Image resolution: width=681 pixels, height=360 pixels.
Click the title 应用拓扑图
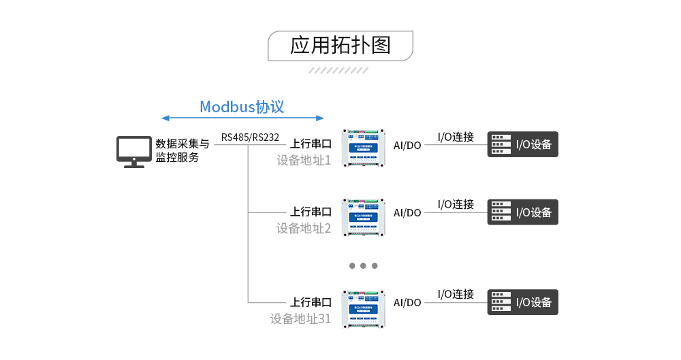340,46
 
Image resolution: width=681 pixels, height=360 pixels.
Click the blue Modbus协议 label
242,107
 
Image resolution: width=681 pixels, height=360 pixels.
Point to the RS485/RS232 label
250,137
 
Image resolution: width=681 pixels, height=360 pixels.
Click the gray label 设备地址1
303,161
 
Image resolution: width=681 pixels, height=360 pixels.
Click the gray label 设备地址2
303,229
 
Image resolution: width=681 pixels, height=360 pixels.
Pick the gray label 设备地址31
300,318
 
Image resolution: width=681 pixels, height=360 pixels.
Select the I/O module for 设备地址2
363,216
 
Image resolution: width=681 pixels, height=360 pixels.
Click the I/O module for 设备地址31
363,308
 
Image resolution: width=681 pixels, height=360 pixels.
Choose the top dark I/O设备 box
522,144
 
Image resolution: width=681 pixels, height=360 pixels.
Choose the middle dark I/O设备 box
522,212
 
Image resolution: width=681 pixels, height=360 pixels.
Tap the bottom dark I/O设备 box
522,302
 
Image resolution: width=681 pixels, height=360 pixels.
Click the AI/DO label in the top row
407,145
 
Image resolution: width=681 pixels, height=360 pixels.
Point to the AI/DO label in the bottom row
407,303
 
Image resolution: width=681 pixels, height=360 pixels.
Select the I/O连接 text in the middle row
456,204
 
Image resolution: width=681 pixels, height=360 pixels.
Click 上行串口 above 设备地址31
311,302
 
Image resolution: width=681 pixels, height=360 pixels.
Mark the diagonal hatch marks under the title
338,70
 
